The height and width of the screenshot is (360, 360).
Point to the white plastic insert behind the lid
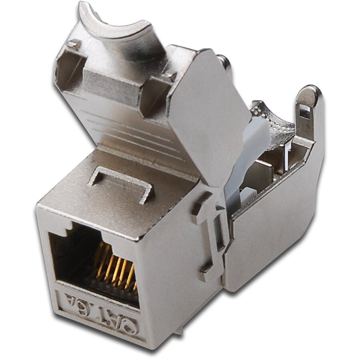[244, 160]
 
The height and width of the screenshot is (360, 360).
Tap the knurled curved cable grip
[276, 120]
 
